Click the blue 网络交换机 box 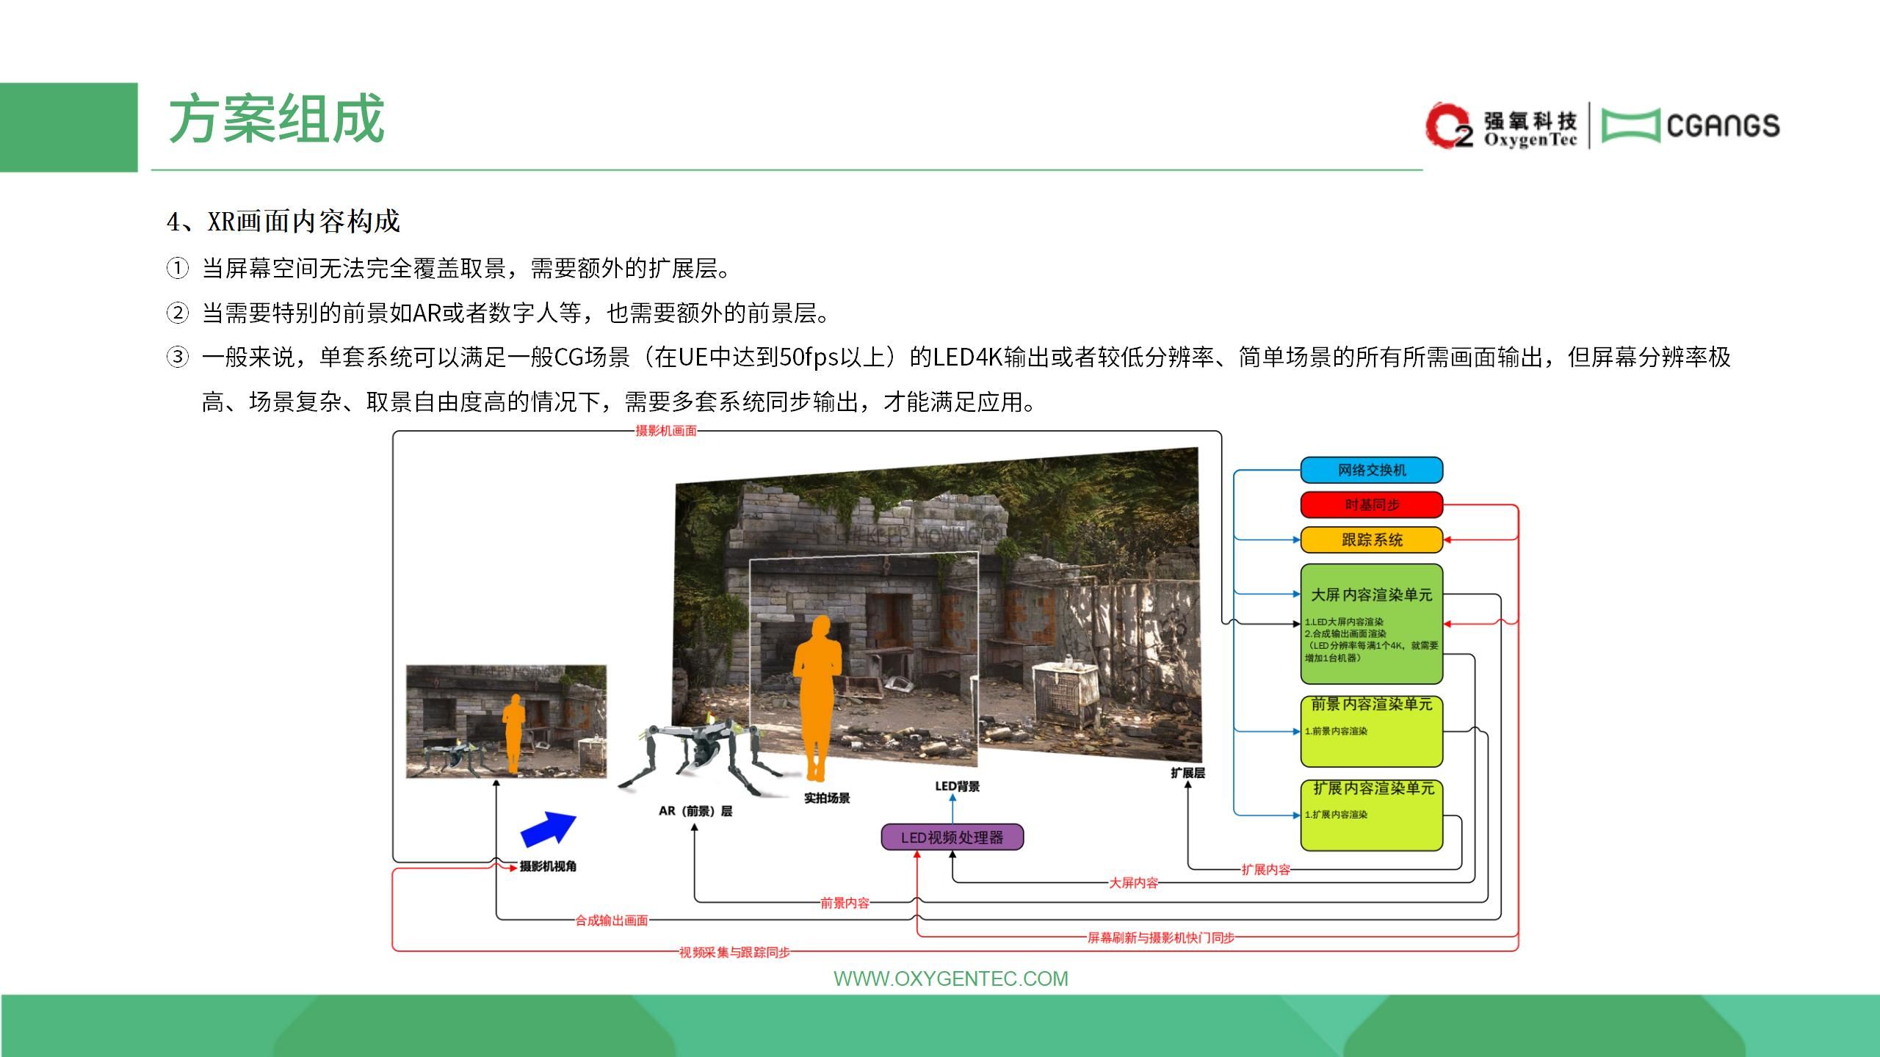coord(1371,470)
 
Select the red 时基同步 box coord(1371,505)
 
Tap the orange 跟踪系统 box coord(1371,540)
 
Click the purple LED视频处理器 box coord(952,838)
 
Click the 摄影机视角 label coord(548,867)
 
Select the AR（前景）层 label coord(695,811)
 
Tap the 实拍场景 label coord(827,798)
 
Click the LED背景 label coord(957,786)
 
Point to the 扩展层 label coord(1187,773)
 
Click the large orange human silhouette coord(817,697)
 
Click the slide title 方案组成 coord(276,119)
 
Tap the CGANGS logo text coord(1723,126)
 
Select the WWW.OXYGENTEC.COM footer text coord(951,978)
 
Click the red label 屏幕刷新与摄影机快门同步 coord(1161,937)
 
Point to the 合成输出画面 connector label coord(612,920)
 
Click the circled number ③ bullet coord(177,357)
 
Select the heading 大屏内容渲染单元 coord(1371,595)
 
